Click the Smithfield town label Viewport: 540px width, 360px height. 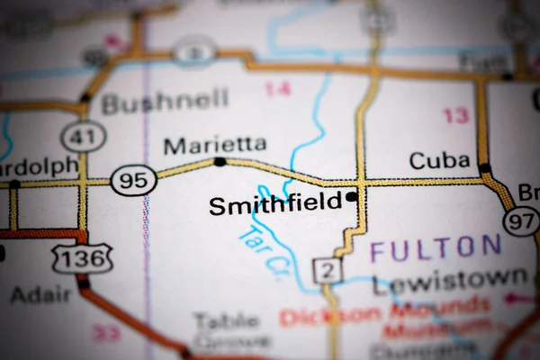click(x=275, y=205)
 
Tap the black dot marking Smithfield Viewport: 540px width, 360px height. click(x=351, y=196)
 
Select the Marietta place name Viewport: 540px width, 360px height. click(x=215, y=144)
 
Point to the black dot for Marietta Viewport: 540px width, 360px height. click(x=220, y=162)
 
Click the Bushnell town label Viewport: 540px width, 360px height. click(x=165, y=102)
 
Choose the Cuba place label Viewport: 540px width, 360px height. click(x=440, y=160)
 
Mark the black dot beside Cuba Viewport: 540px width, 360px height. click(x=485, y=167)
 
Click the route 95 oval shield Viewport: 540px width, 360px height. click(x=133, y=180)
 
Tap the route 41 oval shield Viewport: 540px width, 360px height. click(x=84, y=136)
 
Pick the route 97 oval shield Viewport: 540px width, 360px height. click(x=521, y=220)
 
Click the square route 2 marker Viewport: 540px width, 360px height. click(x=328, y=269)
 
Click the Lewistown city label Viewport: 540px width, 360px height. click(x=449, y=281)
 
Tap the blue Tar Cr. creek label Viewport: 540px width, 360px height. click(x=260, y=243)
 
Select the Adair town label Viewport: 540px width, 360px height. click(x=40, y=294)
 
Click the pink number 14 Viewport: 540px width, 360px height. click(x=277, y=88)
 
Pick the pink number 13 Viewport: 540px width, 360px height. click(x=455, y=115)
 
